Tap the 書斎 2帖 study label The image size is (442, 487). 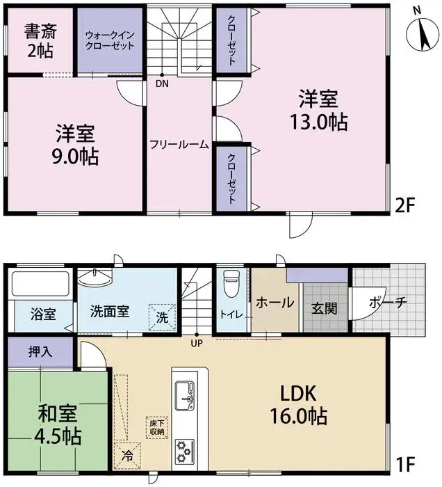coord(40,41)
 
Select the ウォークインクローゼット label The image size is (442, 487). coord(108,40)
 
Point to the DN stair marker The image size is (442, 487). coord(162,85)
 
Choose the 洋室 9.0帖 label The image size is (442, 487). coord(76,144)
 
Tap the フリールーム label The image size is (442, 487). coord(179,145)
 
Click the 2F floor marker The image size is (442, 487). coord(407,207)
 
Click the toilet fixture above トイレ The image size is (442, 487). coord(231,285)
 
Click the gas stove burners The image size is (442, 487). coord(186,448)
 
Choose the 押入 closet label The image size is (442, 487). coord(40,351)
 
